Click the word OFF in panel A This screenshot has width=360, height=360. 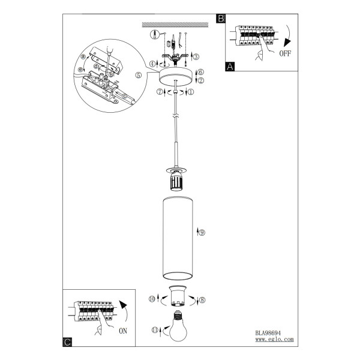(285, 53)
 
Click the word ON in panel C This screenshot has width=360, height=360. (123, 331)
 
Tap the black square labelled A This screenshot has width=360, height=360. (230, 67)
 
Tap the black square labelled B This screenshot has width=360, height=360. (221, 19)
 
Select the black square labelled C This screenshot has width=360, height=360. (67, 342)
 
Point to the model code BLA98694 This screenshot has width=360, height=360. (268, 333)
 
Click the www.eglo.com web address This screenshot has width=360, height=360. (274, 340)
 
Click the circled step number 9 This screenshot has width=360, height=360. (202, 233)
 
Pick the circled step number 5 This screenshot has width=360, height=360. (139, 75)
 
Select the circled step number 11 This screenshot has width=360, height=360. (155, 330)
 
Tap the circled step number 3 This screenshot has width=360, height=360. (196, 57)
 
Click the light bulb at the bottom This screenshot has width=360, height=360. (178, 326)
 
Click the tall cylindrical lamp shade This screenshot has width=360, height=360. (178, 238)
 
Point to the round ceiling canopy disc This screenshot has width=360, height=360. (176, 77)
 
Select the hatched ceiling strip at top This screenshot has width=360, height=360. (175, 25)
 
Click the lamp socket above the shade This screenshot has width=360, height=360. (176, 182)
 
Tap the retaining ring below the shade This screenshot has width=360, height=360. (178, 296)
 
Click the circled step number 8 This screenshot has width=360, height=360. (202, 300)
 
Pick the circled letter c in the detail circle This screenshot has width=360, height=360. (124, 96)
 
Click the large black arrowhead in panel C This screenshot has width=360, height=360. (123, 305)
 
